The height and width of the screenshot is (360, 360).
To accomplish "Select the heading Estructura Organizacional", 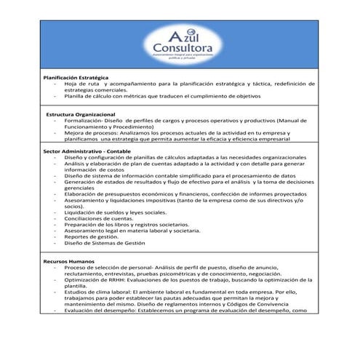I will [x=80, y=115].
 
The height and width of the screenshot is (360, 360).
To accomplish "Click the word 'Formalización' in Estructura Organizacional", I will [x=85, y=121].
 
